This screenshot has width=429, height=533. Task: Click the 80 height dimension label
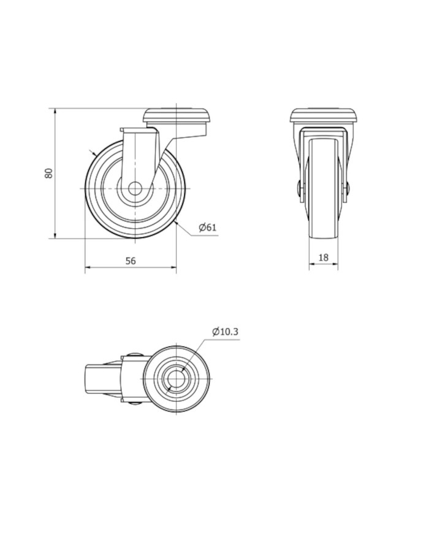point(49,173)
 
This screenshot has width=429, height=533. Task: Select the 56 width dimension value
point(131,261)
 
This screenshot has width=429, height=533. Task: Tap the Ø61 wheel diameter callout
point(208,227)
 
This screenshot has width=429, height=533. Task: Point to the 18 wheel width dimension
point(324,258)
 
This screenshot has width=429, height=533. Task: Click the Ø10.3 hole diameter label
point(225,331)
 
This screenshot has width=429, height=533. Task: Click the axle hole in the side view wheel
point(135,188)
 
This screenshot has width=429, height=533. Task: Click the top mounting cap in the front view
point(324,115)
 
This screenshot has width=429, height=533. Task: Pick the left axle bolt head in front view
point(298,189)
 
